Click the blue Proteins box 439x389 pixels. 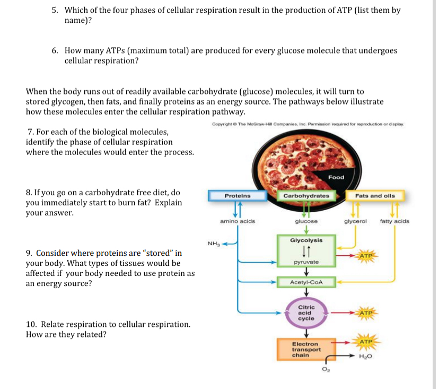click(x=238, y=196)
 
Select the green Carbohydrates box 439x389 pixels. click(x=306, y=196)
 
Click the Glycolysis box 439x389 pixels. click(x=306, y=240)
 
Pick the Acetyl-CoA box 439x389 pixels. click(x=306, y=282)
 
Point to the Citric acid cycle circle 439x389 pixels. click(x=306, y=313)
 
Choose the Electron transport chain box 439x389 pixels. click(x=306, y=350)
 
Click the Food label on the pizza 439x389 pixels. click(x=336, y=177)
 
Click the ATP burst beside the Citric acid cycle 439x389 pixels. click(x=366, y=313)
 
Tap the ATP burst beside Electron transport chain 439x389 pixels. click(x=366, y=341)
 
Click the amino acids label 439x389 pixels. click(x=238, y=221)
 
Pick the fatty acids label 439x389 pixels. click(x=394, y=221)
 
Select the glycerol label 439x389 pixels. click(x=355, y=221)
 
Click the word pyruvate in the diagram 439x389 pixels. click(x=306, y=262)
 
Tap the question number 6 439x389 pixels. click(x=55, y=51)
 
